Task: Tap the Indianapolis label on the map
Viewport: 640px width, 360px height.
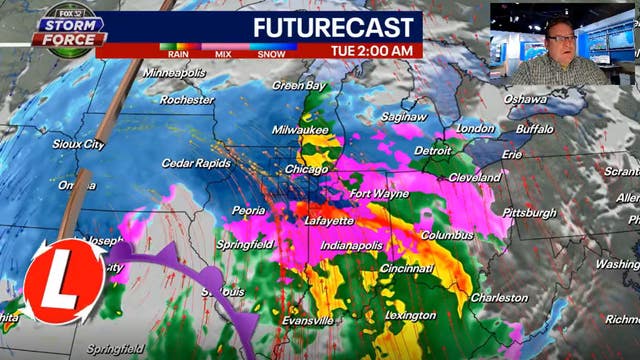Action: point(353,245)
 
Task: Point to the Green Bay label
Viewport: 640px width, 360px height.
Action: point(295,85)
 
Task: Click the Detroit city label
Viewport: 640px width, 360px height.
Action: point(433,151)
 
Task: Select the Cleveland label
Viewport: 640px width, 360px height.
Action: point(475,177)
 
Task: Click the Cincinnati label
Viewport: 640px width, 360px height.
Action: point(406,268)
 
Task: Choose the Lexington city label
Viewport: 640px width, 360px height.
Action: point(410,315)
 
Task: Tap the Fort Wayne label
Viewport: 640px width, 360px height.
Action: point(378,193)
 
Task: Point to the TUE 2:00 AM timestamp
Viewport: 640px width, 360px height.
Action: point(373,48)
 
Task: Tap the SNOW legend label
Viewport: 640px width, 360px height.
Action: point(269,55)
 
